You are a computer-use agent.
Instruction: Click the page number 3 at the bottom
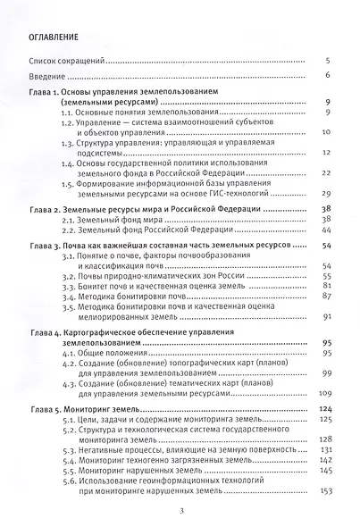point(180,511)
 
